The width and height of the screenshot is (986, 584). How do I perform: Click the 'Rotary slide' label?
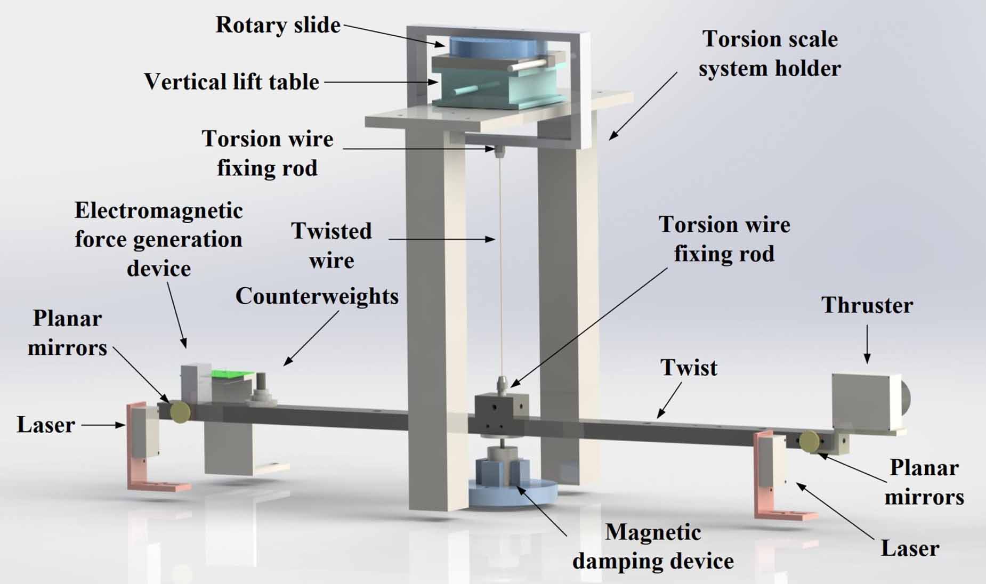(x=278, y=25)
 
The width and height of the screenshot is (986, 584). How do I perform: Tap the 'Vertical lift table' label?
(x=231, y=82)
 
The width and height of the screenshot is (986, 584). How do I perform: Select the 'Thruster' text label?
(x=867, y=305)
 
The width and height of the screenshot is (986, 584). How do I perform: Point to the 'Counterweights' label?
(x=317, y=296)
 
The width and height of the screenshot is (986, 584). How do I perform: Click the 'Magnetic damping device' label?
(x=653, y=546)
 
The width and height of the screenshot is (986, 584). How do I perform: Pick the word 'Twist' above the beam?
(x=689, y=368)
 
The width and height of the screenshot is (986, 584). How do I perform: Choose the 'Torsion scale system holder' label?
(x=770, y=53)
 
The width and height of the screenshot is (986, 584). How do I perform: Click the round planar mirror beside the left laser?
(x=180, y=411)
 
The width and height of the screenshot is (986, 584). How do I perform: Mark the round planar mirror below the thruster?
(x=810, y=441)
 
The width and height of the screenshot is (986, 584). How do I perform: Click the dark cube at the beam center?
(x=498, y=413)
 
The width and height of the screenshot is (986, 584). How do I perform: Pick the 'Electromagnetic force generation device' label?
(x=158, y=240)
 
